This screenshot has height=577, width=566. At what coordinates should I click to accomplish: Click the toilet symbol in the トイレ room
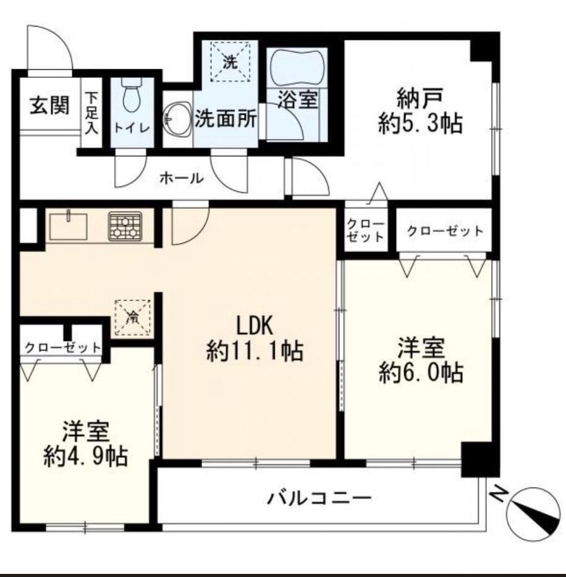(x=132, y=96)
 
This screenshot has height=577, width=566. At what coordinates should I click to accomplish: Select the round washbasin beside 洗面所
(x=177, y=119)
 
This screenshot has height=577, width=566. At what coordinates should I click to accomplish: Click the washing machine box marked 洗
(x=230, y=61)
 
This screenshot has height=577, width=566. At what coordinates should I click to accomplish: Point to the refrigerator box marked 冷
(x=133, y=317)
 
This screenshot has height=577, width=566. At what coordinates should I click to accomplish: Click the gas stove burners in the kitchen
(x=125, y=226)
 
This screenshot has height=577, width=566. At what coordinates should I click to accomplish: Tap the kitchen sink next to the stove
(x=69, y=225)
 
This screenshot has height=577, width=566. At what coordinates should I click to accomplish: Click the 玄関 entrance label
(x=49, y=105)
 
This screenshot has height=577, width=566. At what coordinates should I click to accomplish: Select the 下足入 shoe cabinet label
(x=91, y=113)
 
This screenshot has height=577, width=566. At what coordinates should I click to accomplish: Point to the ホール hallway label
(x=182, y=179)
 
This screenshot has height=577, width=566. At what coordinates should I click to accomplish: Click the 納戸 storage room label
(x=420, y=98)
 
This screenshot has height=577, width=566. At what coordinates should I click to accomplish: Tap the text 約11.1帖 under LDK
(x=255, y=351)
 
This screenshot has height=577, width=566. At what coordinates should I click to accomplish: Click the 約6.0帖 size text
(x=421, y=373)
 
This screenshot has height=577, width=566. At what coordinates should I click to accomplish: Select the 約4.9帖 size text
(x=85, y=457)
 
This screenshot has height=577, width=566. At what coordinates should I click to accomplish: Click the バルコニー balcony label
(x=319, y=499)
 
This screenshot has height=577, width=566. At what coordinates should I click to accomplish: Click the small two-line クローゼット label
(x=365, y=230)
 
